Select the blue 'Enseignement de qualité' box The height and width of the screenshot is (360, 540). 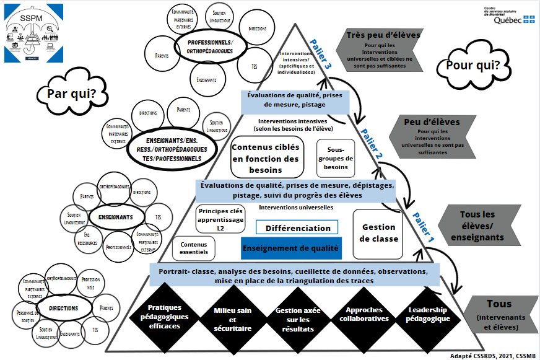click(290, 248)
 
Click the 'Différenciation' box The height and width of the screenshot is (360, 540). click(297, 227)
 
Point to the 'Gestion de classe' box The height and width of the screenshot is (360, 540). click(379, 234)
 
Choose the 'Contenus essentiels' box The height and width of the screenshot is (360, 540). click(194, 248)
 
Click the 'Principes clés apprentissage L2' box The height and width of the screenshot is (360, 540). click(220, 219)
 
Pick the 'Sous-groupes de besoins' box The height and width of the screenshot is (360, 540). click(337, 158)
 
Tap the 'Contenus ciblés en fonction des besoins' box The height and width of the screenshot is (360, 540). click(265, 158)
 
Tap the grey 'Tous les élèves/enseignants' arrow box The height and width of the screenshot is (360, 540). click(481, 226)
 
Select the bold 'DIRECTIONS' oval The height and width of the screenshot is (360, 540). click(62, 308)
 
